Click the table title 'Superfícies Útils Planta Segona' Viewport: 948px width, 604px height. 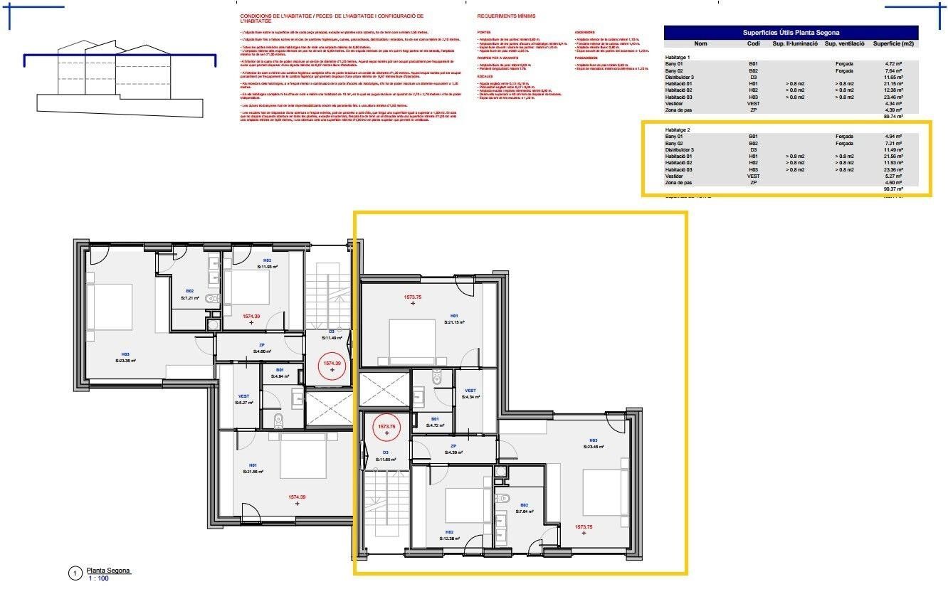pyautogui.click(x=790, y=32)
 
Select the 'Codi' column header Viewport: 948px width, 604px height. pyautogui.click(x=753, y=44)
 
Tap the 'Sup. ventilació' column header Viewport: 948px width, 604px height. pyautogui.click(x=844, y=44)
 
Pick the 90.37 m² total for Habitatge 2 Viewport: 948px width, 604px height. pyautogui.click(x=892, y=189)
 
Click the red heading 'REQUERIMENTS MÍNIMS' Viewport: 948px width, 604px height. pyautogui.click(x=506, y=16)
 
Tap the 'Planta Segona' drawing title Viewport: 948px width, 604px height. pyautogui.click(x=108, y=571)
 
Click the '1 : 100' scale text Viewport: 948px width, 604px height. pyautogui.click(x=99, y=579)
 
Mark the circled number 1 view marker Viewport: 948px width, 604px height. pyautogui.click(x=74, y=573)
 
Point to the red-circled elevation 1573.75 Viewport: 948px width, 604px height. pyautogui.click(x=386, y=429)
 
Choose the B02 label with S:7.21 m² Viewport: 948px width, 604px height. pyautogui.click(x=190, y=294)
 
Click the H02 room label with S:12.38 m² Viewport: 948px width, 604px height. pyautogui.click(x=450, y=535)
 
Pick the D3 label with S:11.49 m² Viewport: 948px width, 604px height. pyautogui.click(x=332, y=334)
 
